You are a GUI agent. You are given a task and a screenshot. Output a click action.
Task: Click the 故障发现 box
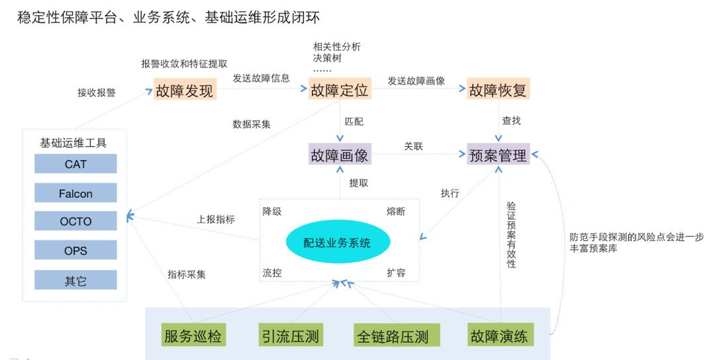[x=185, y=90]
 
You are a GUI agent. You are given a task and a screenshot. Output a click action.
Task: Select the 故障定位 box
[x=340, y=90]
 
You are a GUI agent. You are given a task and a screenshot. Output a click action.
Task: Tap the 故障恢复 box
[x=498, y=90]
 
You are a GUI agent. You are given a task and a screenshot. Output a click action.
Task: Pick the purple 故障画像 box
[x=340, y=155]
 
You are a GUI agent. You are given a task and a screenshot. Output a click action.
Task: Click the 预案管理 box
[x=498, y=155]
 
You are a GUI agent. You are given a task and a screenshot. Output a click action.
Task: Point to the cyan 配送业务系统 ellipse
[x=338, y=242]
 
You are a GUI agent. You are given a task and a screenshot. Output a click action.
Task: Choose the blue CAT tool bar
[x=75, y=164]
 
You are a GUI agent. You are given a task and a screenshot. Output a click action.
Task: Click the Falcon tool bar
[x=75, y=193]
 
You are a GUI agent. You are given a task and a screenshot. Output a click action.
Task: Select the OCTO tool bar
[x=75, y=222]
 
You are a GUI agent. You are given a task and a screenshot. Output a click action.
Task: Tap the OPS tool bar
[x=75, y=251]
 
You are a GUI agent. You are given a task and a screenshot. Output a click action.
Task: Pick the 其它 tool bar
[x=75, y=281]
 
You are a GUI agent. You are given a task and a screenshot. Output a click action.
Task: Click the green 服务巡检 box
[x=193, y=336]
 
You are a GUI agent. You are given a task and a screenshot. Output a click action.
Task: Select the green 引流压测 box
[x=289, y=336]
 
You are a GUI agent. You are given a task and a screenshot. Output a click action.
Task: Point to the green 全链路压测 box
[x=392, y=336]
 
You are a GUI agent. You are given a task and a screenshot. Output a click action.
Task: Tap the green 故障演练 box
[x=498, y=336]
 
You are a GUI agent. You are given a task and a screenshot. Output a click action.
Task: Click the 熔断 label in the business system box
[x=396, y=212]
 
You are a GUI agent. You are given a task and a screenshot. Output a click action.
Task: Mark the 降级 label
[x=272, y=212]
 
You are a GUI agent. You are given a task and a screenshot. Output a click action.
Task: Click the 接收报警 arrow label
[x=97, y=93]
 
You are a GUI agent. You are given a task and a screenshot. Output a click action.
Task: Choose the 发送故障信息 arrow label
[x=261, y=78]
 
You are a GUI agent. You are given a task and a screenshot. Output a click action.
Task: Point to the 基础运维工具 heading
[x=73, y=142]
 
